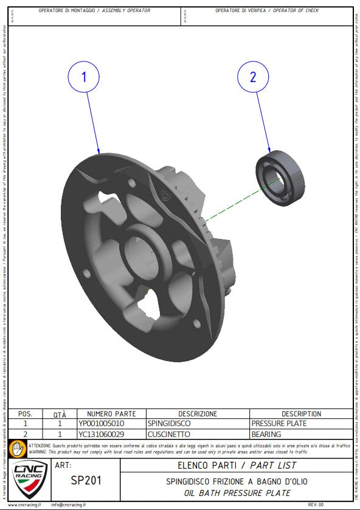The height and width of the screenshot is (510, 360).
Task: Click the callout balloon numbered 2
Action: pyautogui.click(x=253, y=77)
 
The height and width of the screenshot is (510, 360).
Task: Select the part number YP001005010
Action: pyautogui.click(x=102, y=423)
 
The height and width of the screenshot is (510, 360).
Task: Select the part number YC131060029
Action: pyautogui.click(x=102, y=434)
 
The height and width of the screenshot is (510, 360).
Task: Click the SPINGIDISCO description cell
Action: pyautogui.click(x=169, y=423)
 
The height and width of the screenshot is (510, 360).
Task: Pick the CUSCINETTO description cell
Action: pyautogui.click(x=168, y=434)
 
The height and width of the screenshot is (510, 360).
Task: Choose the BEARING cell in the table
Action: pyautogui.click(x=266, y=434)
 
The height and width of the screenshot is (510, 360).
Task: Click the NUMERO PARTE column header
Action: pyautogui.click(x=108, y=413)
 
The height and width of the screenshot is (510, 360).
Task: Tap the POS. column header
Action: pyautogui.click(x=26, y=413)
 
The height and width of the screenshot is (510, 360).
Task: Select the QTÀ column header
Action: pyautogui.click(x=60, y=413)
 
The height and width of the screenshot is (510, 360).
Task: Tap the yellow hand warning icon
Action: pyautogui.click(x=19, y=449)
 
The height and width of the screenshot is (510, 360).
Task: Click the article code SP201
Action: pyautogui.click(x=86, y=480)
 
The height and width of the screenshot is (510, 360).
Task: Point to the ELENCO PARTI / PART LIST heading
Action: pyautogui.click(x=237, y=466)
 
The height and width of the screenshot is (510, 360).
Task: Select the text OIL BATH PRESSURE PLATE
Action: pyautogui.click(x=237, y=492)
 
